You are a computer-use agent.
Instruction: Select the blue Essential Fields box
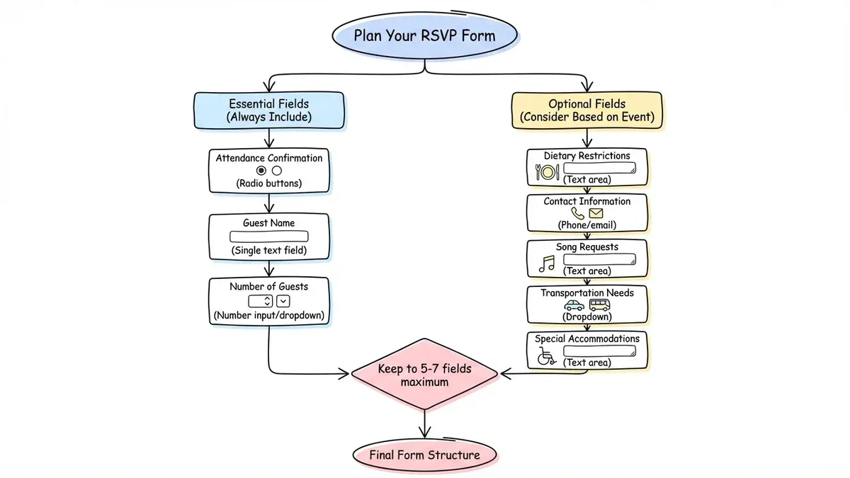coord(270,110)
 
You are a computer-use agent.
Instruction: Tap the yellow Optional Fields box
coord(587,110)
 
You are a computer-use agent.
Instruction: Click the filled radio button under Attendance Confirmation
coord(261,171)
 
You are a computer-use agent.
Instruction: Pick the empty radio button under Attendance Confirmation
coord(277,171)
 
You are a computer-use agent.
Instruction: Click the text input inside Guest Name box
coord(269,237)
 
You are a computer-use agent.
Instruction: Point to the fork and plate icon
coord(547,171)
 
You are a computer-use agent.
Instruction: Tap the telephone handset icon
coord(578,213)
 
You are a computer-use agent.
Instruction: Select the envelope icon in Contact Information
coord(596,213)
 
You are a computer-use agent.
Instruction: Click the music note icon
coord(547,263)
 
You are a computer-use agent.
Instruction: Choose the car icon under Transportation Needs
coord(574,305)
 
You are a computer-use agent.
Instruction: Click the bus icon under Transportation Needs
coord(599,305)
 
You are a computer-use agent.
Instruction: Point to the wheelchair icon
coord(546,355)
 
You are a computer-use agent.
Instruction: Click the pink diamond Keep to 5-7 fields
coord(424,375)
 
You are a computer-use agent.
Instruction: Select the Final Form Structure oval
coord(424,455)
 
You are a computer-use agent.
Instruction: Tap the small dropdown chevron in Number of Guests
coord(283,301)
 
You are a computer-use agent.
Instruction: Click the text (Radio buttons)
coord(269,183)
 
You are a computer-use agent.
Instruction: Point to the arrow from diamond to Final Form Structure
coord(424,424)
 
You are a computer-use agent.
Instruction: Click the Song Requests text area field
coord(599,259)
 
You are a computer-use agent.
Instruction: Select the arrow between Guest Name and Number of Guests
coord(269,269)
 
